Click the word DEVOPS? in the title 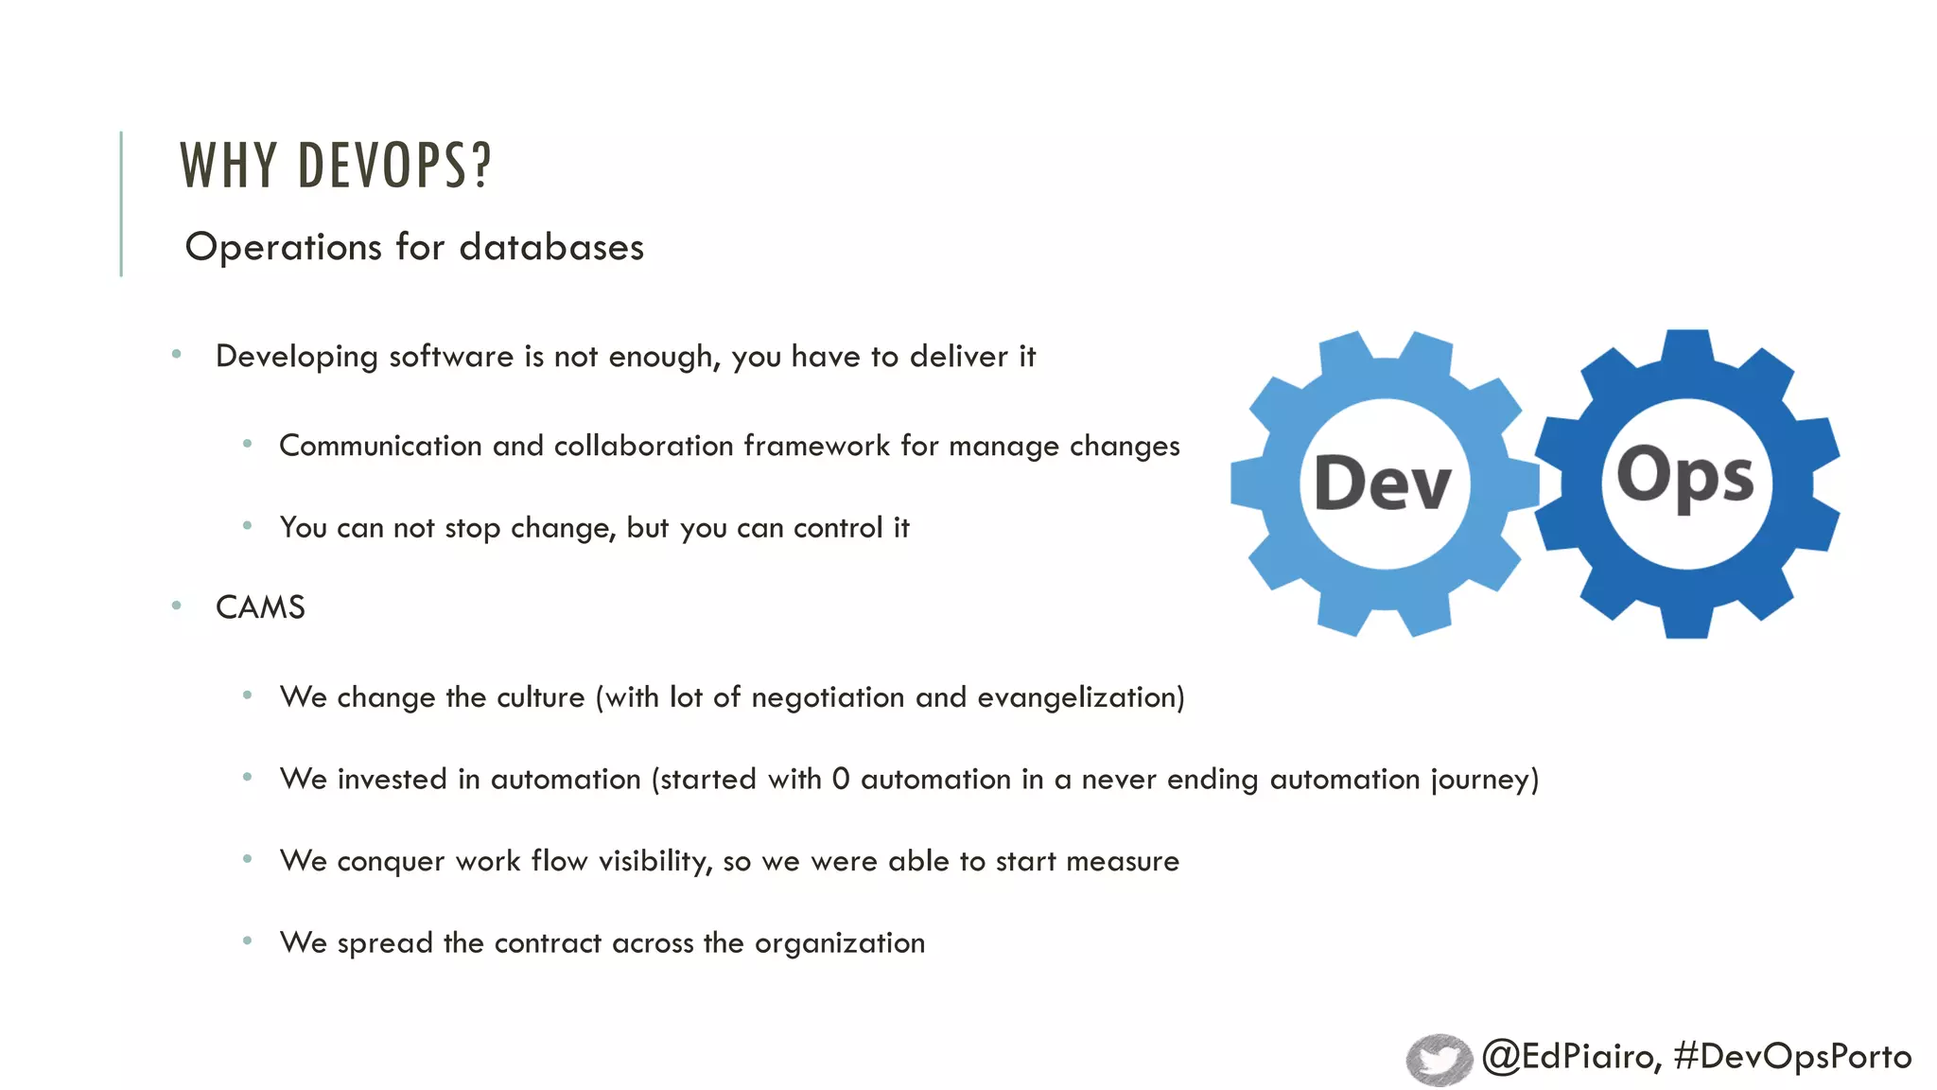[x=394, y=166]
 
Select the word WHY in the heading [x=228, y=166]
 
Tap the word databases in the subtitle [x=551, y=247]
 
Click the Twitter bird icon [x=1439, y=1059]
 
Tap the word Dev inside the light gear [x=1383, y=483]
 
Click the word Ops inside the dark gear [x=1685, y=476]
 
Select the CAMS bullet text [x=260, y=607]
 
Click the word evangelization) [x=1080, y=697]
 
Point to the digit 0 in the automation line [x=841, y=779]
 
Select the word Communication [x=380, y=446]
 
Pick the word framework [x=817, y=446]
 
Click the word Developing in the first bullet [x=297, y=357]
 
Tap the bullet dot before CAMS [x=177, y=606]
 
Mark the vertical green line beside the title [x=121, y=203]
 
